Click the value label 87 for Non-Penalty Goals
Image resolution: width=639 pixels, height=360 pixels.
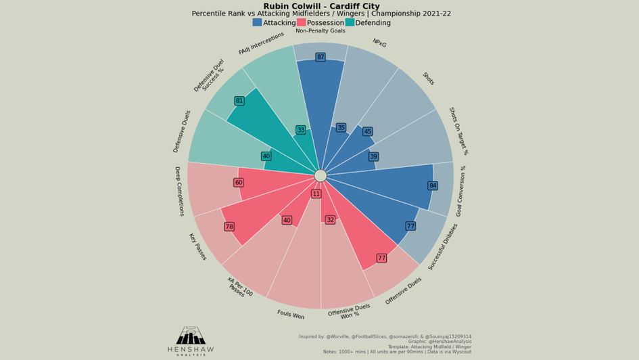[x=321, y=58]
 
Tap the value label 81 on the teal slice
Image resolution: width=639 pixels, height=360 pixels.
[x=239, y=101]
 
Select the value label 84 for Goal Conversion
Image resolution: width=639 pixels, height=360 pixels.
[x=433, y=185]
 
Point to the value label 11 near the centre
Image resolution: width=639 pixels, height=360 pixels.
[x=316, y=194]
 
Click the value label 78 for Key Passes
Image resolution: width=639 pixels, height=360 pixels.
[x=229, y=227]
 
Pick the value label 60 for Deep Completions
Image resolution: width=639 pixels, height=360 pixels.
[x=239, y=183]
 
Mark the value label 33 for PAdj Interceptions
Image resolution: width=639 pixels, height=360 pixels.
[x=301, y=130]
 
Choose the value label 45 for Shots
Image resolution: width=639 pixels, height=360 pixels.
[x=367, y=132]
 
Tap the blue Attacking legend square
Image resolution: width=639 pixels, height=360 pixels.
[x=257, y=22]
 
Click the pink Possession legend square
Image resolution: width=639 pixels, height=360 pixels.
[x=301, y=22]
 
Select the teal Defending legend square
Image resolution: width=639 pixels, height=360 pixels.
[x=350, y=22]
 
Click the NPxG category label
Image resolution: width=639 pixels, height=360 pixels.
[x=379, y=43]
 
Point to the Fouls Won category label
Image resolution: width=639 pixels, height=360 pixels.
[x=291, y=315]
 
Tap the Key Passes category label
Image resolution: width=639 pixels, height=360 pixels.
[x=197, y=246]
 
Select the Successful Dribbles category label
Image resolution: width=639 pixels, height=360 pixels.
[x=443, y=246]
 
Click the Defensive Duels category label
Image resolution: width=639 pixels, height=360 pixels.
[x=182, y=131]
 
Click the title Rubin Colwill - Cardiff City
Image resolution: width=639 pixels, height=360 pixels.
[x=321, y=6]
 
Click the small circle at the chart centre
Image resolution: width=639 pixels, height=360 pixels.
[x=321, y=176]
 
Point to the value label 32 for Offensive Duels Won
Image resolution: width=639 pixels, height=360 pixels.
[x=330, y=220]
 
